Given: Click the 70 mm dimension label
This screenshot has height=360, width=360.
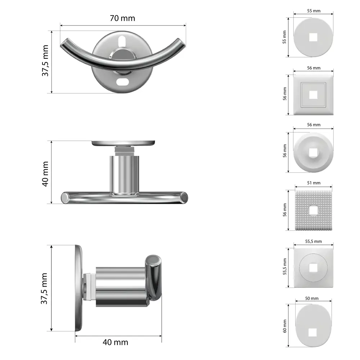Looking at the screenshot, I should (122, 18).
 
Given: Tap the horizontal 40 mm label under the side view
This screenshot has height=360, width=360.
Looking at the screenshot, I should (115, 342).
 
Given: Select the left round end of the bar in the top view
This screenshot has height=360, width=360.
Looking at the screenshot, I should (65, 198).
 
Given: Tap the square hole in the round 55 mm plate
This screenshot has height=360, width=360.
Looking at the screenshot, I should (313, 37).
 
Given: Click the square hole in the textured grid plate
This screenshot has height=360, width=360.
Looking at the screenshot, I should (313, 210).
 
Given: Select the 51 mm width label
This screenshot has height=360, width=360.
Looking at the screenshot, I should (314, 183).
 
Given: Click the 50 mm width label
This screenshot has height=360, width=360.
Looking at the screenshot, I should (314, 298).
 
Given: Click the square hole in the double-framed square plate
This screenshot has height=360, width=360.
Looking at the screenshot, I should (313, 95).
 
